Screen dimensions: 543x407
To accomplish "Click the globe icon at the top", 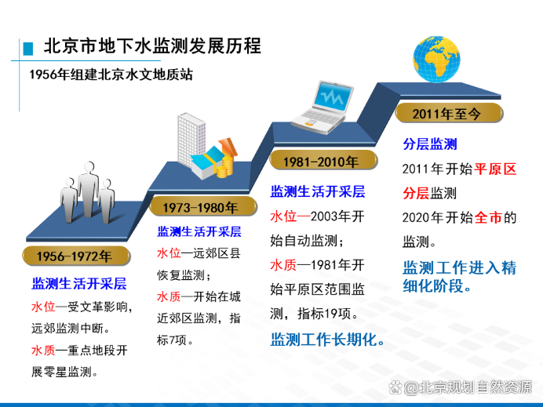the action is [x=436, y=59].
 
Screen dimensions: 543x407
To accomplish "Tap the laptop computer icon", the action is [x=323, y=107].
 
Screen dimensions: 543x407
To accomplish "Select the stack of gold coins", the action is [x=225, y=167].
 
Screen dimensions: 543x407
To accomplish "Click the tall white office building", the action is [x=191, y=140].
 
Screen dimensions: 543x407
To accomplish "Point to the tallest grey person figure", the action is [x=89, y=189].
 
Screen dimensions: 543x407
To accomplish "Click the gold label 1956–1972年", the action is [x=76, y=256].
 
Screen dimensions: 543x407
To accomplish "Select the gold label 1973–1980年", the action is [x=203, y=207].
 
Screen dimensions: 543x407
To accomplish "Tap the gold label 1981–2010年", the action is [x=323, y=161].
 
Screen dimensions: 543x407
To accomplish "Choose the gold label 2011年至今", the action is [x=449, y=113].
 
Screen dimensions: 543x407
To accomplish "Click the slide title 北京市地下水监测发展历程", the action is [x=152, y=46].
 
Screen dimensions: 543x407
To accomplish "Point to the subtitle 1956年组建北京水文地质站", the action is [x=111, y=74].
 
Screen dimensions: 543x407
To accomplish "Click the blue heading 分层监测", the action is [x=430, y=144].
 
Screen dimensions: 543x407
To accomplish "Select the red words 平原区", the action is [x=496, y=169].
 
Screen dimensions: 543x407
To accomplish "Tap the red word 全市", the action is [x=488, y=218].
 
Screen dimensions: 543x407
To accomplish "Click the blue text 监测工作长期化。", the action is [x=327, y=340].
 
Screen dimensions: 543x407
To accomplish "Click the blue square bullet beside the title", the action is [x=28, y=49].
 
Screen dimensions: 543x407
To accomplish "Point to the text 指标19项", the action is [x=325, y=314].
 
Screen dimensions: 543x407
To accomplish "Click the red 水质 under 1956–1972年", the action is [x=43, y=351].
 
